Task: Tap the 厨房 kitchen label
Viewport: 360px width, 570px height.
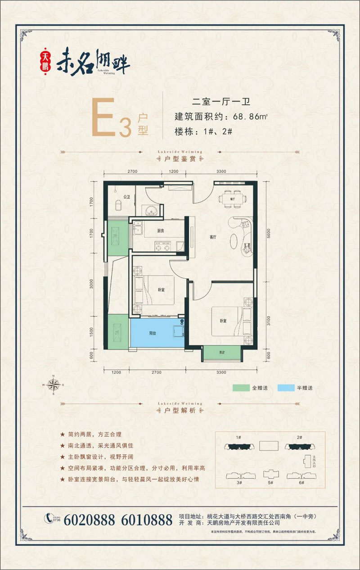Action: pos(161,230)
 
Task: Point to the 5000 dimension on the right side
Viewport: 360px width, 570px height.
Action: pos(269,233)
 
